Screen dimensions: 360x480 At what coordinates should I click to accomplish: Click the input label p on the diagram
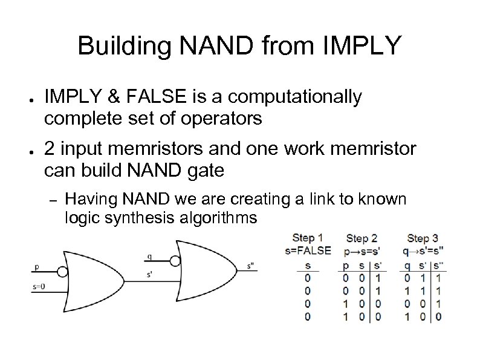[x=37, y=266]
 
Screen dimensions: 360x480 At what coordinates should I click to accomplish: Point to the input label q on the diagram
[x=149, y=257]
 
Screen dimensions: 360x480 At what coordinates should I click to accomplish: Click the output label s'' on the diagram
[x=251, y=264]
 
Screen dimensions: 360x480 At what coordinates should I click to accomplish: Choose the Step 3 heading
[x=423, y=238]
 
